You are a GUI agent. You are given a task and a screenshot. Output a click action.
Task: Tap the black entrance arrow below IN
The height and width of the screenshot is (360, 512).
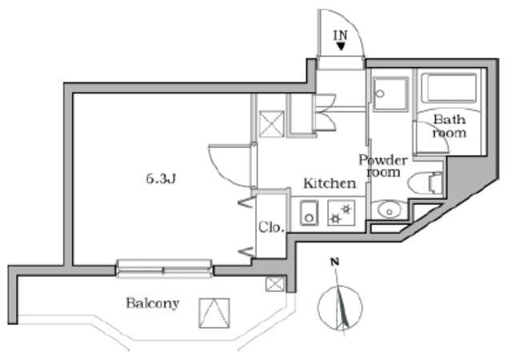[x=342, y=47]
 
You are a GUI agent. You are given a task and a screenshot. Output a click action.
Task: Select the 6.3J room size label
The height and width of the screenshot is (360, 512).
[x=160, y=178]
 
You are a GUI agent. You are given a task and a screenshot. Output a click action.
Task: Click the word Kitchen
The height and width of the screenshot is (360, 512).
[x=329, y=183]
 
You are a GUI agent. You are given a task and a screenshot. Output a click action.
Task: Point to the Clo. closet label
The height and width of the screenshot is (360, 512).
[x=270, y=228]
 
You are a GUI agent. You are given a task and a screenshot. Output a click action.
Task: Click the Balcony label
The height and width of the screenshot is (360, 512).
[x=152, y=304]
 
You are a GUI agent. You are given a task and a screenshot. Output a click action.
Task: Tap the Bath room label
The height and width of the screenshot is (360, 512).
[x=449, y=126]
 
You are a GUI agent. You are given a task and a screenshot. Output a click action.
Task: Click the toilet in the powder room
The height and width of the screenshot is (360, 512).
[x=424, y=183]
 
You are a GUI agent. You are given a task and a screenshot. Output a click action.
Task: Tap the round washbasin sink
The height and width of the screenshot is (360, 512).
[x=388, y=211]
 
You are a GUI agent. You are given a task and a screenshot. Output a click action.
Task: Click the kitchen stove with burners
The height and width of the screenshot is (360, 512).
[x=339, y=214]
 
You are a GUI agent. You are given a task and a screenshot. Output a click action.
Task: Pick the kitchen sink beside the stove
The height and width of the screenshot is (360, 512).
[x=308, y=214]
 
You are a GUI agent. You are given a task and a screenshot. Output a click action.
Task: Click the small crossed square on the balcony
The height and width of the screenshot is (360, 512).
[x=274, y=283]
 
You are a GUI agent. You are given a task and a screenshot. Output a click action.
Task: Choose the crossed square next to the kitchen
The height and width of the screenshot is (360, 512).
[x=270, y=123]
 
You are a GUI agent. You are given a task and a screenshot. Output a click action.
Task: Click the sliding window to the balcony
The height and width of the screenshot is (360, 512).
[x=164, y=269]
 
